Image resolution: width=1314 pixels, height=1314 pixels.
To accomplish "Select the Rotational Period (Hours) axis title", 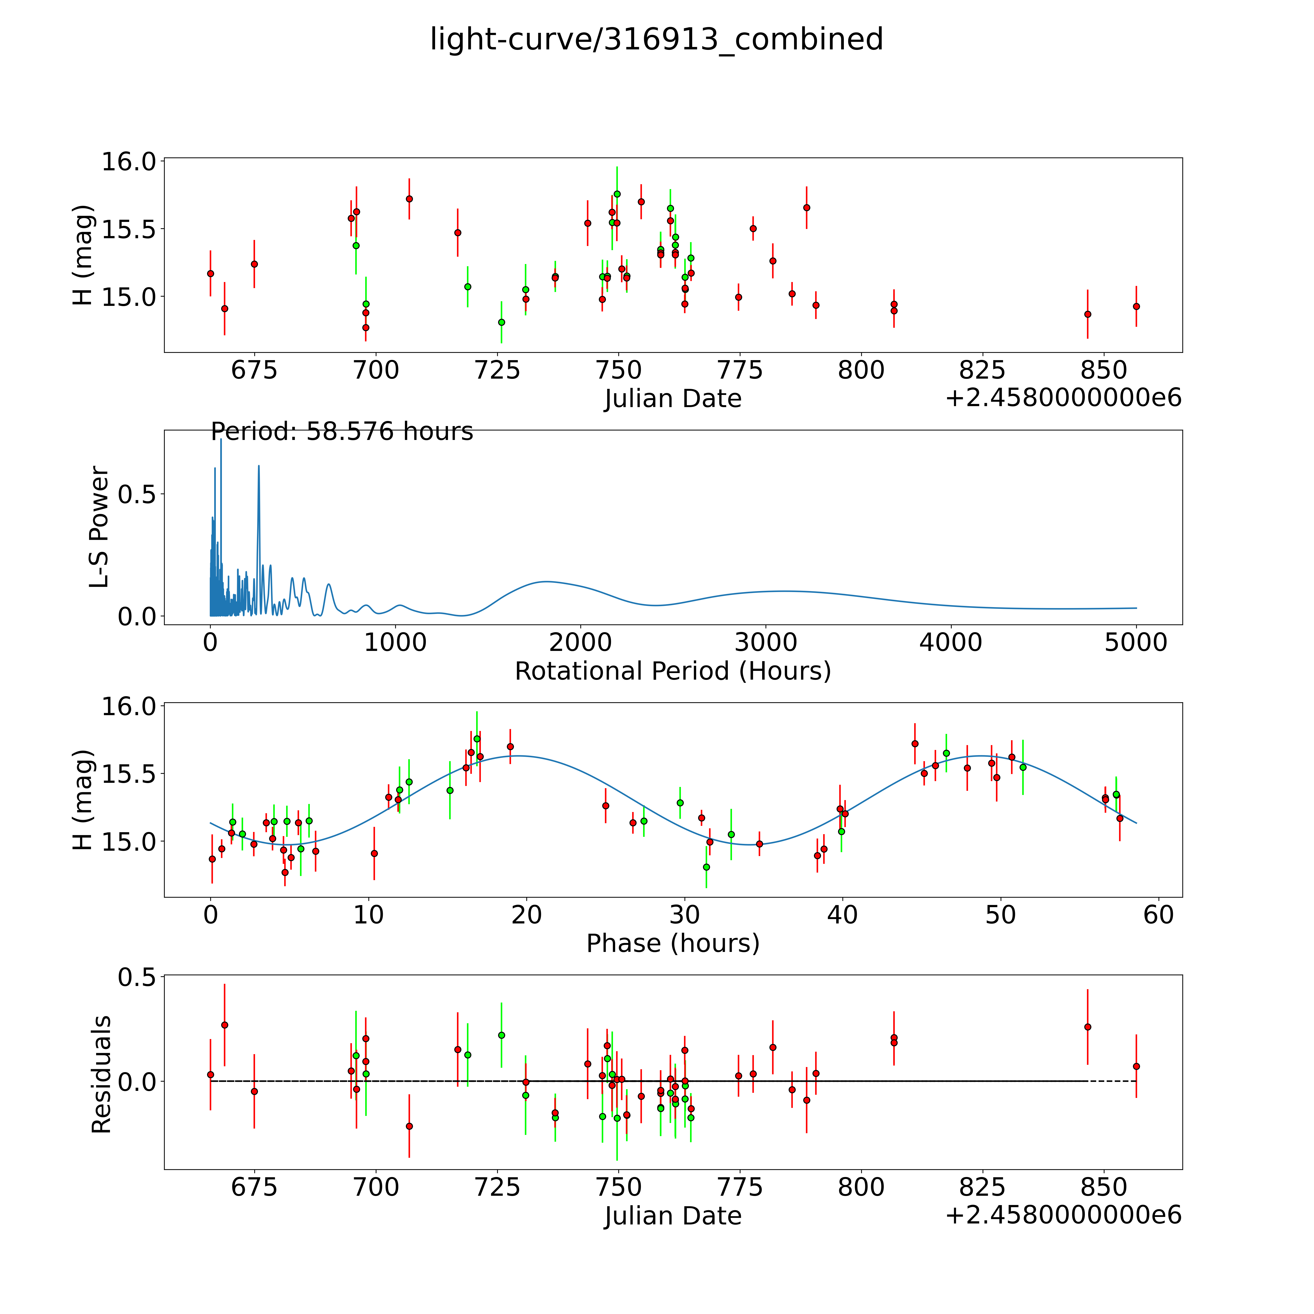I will [x=673, y=671].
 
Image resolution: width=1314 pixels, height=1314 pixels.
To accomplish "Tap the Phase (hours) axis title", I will [x=673, y=943].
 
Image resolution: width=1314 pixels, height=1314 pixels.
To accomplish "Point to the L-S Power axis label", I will [x=99, y=527].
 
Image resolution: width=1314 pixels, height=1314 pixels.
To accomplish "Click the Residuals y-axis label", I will [x=101, y=1075].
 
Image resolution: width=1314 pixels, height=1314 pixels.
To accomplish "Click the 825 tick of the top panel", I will [x=982, y=371].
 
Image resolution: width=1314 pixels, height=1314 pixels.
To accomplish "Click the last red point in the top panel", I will [x=1136, y=306].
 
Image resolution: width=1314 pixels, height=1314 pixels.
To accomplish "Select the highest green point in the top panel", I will [x=617, y=194].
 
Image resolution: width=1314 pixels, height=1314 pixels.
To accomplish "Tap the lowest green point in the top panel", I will [x=501, y=322].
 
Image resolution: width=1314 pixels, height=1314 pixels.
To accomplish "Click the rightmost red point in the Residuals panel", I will [x=1136, y=1067].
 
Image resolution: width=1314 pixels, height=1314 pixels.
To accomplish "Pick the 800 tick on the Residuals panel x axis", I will [x=861, y=1187].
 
